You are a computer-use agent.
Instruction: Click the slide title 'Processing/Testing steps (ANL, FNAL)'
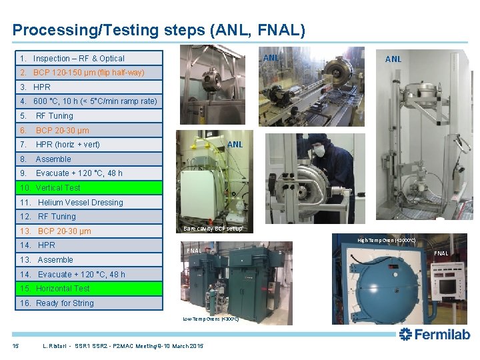tap(159, 30)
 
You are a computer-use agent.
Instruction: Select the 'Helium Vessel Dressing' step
tap(80, 203)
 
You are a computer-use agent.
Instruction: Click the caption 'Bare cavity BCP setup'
tap(213, 229)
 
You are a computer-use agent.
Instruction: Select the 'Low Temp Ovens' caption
tap(211, 319)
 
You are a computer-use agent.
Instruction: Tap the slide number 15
tap(15, 345)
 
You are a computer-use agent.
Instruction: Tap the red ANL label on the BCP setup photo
tap(235, 144)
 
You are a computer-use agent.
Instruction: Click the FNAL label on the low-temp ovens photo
tap(194, 251)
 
